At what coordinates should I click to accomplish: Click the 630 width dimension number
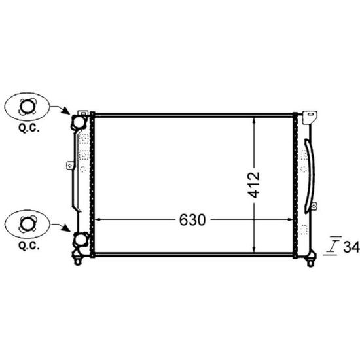click(192, 220)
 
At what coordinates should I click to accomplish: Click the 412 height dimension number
click(254, 185)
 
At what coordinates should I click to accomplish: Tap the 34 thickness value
click(351, 247)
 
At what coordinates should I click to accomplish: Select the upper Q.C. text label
click(29, 128)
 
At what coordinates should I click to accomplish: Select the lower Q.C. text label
click(29, 246)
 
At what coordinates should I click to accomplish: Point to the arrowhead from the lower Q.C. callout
click(66, 228)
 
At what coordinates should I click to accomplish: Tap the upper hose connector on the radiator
click(79, 122)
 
